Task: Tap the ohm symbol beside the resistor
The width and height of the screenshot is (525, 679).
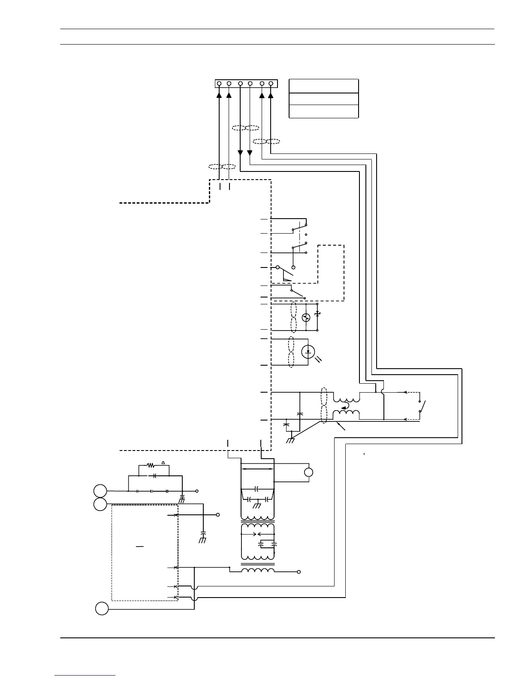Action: (163, 463)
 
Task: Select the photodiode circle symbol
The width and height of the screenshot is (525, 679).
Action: (308, 352)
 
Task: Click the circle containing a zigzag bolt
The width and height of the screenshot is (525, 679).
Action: (306, 318)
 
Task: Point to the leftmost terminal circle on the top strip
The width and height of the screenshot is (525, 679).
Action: (219, 83)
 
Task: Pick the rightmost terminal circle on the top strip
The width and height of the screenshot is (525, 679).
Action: (271, 83)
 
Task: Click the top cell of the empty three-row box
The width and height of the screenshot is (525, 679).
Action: (324, 86)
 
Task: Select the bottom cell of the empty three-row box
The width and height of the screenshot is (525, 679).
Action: (324, 111)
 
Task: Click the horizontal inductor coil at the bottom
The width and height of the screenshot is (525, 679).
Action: (258, 571)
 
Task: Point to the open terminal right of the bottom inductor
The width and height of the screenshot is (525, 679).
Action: (299, 572)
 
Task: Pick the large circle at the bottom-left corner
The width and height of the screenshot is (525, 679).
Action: (102, 609)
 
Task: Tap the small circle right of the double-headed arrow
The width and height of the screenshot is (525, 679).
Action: (308, 472)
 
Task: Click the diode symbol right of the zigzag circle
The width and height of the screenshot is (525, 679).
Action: (317, 314)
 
